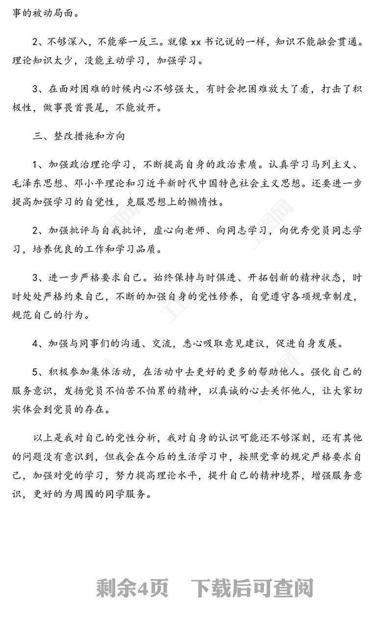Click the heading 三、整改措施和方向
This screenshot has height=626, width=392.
pyautogui.click(x=79, y=136)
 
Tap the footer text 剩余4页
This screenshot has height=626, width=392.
pyautogui.click(x=132, y=588)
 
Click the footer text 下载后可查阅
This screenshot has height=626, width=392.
pyautogui.click(x=252, y=588)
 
